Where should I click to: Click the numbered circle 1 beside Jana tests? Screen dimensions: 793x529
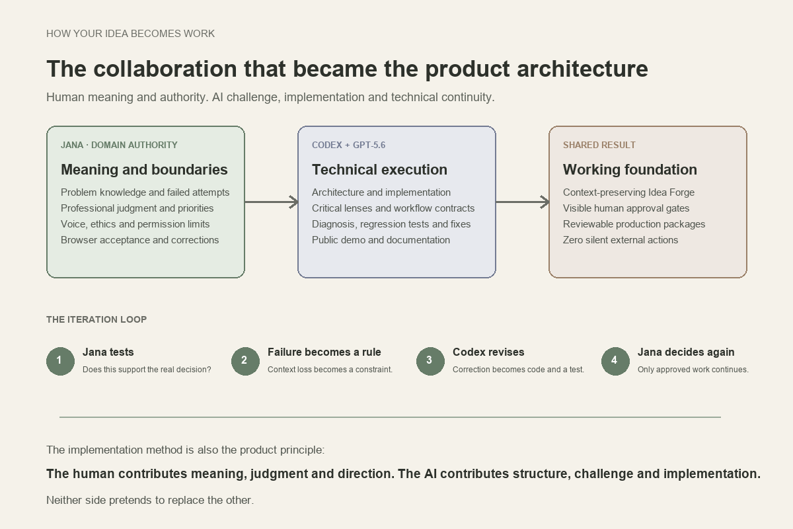click(x=60, y=361)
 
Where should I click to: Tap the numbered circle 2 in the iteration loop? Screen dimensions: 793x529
click(x=245, y=361)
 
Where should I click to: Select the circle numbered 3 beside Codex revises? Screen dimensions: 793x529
click(x=430, y=361)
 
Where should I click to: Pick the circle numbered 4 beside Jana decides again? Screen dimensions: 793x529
click(x=615, y=361)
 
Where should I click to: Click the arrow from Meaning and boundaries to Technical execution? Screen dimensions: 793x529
click(x=272, y=202)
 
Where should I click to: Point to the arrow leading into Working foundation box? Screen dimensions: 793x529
click(x=523, y=202)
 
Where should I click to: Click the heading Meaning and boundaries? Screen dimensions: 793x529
click(x=144, y=170)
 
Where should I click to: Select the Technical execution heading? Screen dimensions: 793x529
click(x=379, y=170)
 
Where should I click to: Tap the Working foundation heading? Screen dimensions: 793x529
click(x=630, y=170)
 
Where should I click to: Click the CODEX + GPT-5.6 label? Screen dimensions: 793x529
click(x=348, y=145)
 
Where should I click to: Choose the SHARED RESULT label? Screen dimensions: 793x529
click(x=599, y=145)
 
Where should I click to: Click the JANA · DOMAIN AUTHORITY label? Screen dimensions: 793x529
click(x=119, y=145)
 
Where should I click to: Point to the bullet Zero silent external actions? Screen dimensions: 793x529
click(x=621, y=240)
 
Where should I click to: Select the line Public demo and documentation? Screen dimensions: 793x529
click(x=381, y=240)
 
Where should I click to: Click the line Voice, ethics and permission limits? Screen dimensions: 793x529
click(x=135, y=224)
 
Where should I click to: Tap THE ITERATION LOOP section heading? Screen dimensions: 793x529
click(x=96, y=319)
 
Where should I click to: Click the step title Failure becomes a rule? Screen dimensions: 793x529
click(x=324, y=352)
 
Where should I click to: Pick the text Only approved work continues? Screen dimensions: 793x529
click(x=693, y=370)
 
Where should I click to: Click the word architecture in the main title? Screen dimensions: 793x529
click(x=582, y=69)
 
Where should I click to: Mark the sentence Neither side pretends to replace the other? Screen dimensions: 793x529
click(x=150, y=500)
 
